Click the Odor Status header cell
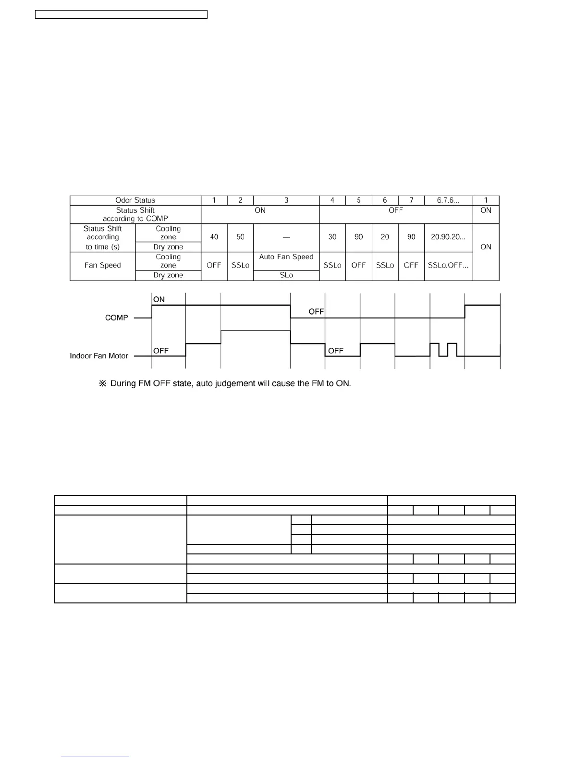135,200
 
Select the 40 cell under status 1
214,237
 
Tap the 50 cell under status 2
240,237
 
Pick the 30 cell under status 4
332,237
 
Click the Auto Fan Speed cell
286,257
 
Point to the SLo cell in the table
286,275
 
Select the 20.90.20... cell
448,237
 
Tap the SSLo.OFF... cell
448,265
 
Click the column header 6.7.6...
448,200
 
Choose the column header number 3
286,200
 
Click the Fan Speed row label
102,265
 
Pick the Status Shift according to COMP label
135,214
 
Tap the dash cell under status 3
286,237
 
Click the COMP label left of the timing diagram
117,318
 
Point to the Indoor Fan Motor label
99,356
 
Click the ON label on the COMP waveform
159,299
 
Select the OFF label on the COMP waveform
316,312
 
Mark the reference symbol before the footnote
102,384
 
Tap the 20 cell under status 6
385,237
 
